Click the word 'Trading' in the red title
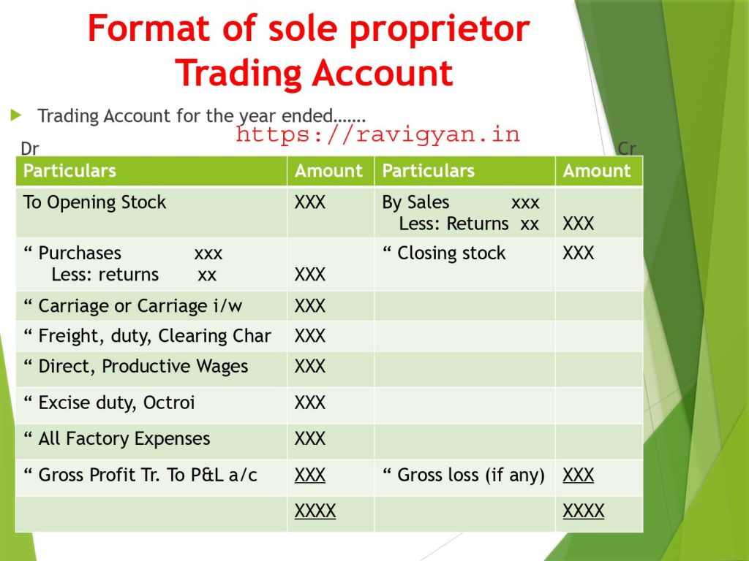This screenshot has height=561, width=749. (x=238, y=73)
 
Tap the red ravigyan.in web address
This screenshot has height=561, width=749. (x=378, y=134)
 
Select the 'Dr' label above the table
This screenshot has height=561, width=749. (x=29, y=149)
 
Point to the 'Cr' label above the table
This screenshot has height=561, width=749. (x=627, y=148)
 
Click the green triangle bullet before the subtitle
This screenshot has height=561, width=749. (x=16, y=115)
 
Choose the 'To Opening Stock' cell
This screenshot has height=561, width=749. (x=94, y=202)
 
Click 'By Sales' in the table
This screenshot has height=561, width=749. (x=415, y=202)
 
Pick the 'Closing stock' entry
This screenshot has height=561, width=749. (x=451, y=253)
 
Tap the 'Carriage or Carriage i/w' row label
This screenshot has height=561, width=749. (x=140, y=306)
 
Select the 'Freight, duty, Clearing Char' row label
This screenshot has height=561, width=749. (x=155, y=336)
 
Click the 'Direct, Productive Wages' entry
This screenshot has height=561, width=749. (x=143, y=367)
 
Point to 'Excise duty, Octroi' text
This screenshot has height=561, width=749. (x=116, y=402)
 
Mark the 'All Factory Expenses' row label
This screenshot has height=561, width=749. (x=124, y=438)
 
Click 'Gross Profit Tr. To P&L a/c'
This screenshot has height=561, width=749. (x=148, y=475)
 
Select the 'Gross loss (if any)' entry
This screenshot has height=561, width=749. (x=471, y=475)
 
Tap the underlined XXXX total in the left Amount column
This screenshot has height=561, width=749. (x=315, y=511)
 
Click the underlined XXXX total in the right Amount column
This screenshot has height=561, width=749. (x=583, y=511)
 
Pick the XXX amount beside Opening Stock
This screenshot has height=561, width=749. (x=310, y=202)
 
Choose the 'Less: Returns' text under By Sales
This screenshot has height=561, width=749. (x=453, y=224)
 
